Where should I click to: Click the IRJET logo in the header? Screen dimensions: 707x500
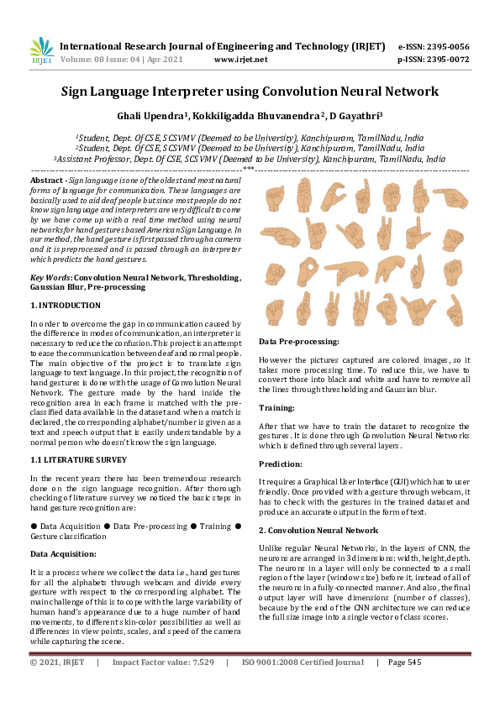click(42, 51)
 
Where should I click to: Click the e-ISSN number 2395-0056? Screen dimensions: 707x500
click(445, 46)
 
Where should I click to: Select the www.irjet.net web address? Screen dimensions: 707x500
click(241, 60)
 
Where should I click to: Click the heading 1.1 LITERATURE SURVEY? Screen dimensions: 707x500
click(78, 459)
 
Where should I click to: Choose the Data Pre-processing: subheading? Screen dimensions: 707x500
click(299, 342)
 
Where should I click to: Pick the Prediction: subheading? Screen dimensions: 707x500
click(282, 463)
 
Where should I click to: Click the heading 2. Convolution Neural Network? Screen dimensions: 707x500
click(318, 530)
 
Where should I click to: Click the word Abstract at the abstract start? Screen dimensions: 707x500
click(46, 181)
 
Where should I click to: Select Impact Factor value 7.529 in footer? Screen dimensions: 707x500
click(163, 662)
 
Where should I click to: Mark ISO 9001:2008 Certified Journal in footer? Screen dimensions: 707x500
click(303, 662)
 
